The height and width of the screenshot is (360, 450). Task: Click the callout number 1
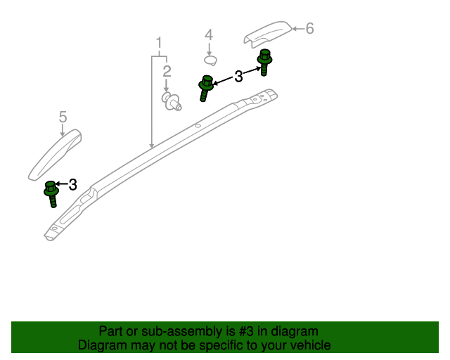pos(159,43)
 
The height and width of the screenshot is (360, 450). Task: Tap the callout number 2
pos(167,71)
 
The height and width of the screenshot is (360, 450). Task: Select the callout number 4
pos(209,34)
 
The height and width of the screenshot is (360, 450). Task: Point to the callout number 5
pos(63,117)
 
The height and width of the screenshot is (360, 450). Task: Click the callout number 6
pos(309,28)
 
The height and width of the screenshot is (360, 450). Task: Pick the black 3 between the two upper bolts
pos(238,77)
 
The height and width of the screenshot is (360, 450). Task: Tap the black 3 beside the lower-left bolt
pos(73,185)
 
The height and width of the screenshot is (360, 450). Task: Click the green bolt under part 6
pos(264,62)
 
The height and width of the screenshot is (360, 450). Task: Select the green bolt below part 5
pos(51,194)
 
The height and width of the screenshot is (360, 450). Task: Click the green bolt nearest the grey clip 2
pos(205,88)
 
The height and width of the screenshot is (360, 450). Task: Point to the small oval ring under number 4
pos(211,60)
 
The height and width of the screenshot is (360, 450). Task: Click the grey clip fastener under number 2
pos(172,101)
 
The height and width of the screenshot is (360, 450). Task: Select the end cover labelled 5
pos(55,155)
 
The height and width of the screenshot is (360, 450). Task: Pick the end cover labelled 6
pos(267,34)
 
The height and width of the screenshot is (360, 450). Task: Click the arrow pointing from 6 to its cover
pos(298,29)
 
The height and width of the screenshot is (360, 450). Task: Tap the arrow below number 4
pos(210,49)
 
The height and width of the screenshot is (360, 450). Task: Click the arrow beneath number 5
pos(63,130)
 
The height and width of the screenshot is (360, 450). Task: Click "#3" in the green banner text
pos(246,331)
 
